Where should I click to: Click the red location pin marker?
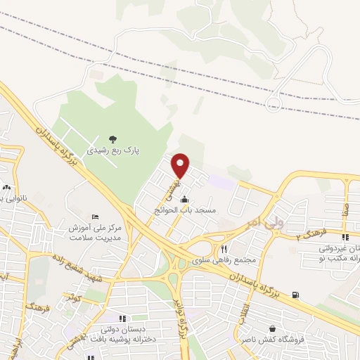coord(181,165)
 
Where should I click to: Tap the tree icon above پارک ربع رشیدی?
coord(114,139)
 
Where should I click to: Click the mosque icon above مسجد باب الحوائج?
coord(185,199)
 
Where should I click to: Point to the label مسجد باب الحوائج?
coord(186,210)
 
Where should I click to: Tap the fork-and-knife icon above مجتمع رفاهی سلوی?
coord(224,249)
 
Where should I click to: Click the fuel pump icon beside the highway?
coord(295,295)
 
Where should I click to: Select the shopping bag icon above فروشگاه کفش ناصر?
coord(271,328)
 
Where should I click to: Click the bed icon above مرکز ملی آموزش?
coord(96,216)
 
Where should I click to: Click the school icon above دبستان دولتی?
coord(123,318)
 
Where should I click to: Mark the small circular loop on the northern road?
coord(273,104)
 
